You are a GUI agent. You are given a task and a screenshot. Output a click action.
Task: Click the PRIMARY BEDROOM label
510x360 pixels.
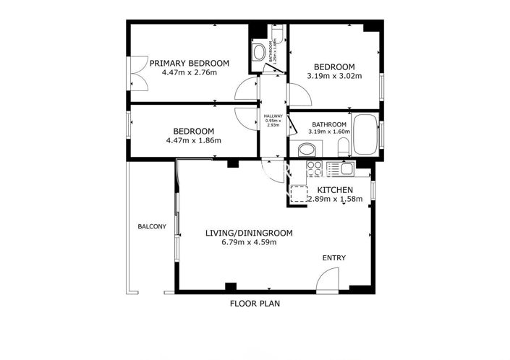[x=189, y=64]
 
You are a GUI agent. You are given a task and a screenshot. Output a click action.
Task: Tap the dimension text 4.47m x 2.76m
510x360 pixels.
[x=189, y=73]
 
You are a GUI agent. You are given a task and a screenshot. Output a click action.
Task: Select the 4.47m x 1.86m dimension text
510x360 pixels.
[x=193, y=140]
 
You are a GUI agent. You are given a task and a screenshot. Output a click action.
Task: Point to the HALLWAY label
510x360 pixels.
[x=273, y=116]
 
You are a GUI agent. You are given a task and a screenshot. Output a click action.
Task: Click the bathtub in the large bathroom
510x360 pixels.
[x=365, y=134]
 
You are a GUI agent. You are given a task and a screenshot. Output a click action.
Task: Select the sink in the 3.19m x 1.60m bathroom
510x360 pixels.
[x=307, y=150]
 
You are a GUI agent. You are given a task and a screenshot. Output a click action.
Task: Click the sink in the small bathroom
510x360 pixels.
[x=258, y=53]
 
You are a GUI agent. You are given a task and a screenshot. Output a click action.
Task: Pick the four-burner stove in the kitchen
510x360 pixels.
[x=315, y=168]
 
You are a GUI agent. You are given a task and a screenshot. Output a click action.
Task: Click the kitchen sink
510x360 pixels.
[x=347, y=169]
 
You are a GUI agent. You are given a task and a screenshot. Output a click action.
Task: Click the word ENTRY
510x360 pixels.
[x=333, y=258]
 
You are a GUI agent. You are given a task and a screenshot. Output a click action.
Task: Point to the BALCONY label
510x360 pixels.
[x=152, y=227]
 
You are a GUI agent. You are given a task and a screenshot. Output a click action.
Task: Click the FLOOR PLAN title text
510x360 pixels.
[x=255, y=304]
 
